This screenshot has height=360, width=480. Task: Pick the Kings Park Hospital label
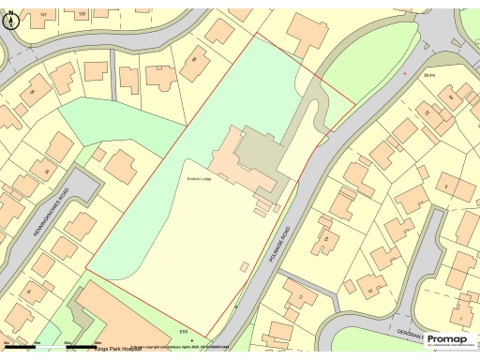pos(115,349)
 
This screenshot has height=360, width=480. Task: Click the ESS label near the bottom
pos(185,329)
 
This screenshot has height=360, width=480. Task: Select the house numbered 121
pos(43,15)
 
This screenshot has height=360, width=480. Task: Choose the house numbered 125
pos(82,15)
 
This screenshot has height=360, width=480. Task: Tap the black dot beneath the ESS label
pos(191,338)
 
